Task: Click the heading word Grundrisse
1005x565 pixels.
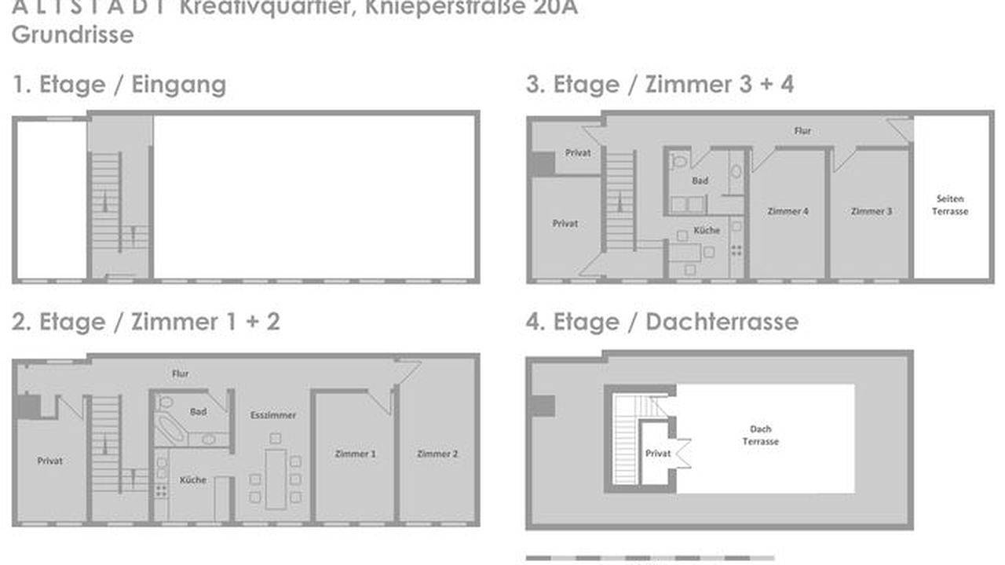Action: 72,35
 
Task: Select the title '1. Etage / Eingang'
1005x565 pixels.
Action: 119,85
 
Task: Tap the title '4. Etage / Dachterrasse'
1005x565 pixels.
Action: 662,322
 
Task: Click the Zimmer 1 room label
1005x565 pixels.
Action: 356,454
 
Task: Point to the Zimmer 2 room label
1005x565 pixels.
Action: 438,454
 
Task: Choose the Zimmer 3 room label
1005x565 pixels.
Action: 871,211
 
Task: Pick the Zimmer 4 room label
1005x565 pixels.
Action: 788,211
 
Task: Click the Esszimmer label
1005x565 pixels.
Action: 273,414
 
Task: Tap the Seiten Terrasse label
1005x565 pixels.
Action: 949,205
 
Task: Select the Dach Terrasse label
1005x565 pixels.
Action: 760,436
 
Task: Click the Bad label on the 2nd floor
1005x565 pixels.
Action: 198,411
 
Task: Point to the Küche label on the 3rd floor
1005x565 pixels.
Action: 707,230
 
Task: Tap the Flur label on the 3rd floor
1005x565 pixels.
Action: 802,131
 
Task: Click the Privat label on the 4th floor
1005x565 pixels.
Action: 658,454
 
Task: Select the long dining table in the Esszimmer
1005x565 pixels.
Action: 276,478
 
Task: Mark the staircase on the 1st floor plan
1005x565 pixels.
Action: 105,202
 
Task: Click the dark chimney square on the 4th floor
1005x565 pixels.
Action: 541,406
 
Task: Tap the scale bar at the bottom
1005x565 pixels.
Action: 644,558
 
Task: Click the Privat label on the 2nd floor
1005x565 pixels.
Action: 49,461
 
